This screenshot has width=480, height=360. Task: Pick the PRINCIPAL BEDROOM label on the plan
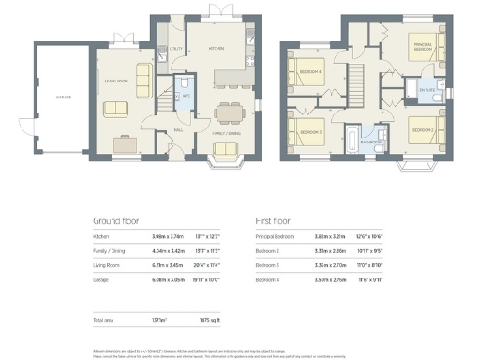pos(422,46)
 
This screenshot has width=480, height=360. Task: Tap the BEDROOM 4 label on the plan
pos(310,72)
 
